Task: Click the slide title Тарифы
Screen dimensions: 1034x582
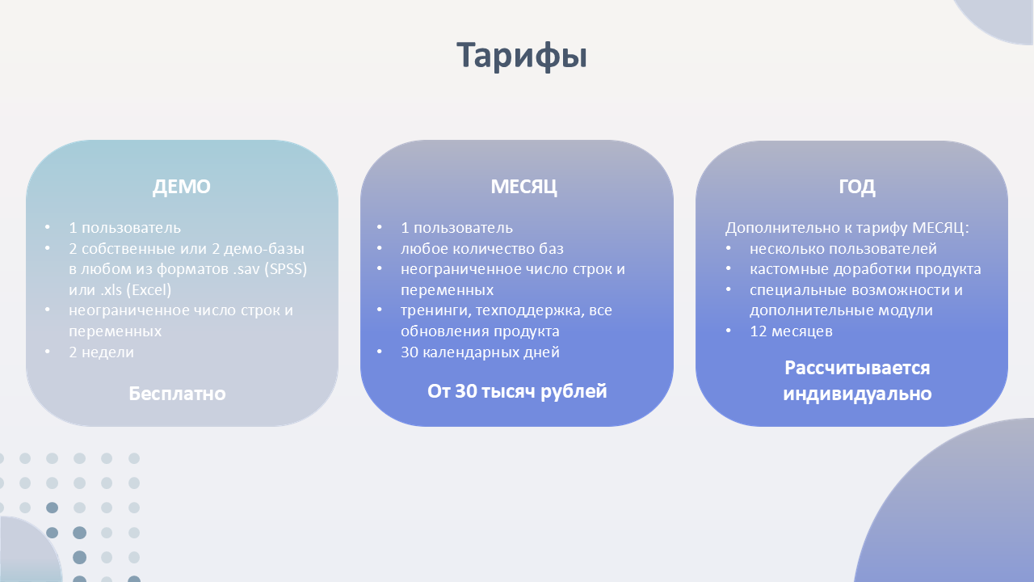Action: (522, 56)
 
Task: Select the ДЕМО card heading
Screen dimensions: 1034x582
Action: (182, 187)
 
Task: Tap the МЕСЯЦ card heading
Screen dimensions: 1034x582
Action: (523, 187)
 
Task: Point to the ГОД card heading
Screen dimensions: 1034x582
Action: (857, 187)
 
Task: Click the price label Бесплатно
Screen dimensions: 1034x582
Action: (177, 394)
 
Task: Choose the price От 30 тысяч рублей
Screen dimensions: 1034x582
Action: (517, 392)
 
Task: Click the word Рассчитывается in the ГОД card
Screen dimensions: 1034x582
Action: (857, 368)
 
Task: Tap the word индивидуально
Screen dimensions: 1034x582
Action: (857, 394)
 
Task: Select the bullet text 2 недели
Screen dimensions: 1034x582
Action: (101, 352)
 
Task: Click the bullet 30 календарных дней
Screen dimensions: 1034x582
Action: (480, 352)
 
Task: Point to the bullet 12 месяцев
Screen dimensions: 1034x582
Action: (791, 331)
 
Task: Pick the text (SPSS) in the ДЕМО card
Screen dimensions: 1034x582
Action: (285, 269)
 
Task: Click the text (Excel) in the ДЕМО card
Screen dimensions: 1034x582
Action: (151, 289)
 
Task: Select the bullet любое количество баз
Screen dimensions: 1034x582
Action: (482, 248)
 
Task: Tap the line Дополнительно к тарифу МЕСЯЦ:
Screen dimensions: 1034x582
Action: (847, 228)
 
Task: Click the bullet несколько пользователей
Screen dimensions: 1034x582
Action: (843, 248)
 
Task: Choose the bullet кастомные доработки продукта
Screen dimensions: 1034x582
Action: (865, 269)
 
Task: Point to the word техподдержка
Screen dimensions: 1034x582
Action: (530, 310)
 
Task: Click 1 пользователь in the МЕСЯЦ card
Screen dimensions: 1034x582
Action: (456, 228)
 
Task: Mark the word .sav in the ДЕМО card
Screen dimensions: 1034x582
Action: (246, 269)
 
